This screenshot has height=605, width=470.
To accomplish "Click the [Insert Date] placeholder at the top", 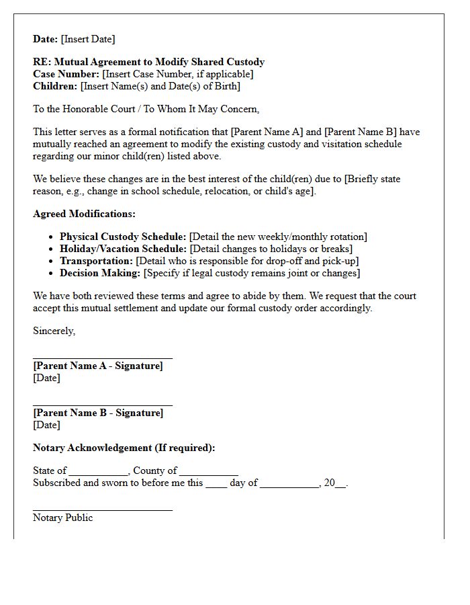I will [88, 39].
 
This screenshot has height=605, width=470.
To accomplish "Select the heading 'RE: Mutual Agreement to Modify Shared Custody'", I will [148, 62].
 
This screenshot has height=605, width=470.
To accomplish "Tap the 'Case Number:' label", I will [66, 74].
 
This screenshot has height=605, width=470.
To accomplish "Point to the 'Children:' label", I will [55, 86].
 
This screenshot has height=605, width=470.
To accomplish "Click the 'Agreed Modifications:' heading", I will [84, 214].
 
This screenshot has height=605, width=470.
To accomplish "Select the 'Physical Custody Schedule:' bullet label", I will [123, 237].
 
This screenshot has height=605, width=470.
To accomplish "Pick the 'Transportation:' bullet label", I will [96, 261].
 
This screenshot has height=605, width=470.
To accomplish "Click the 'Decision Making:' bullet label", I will [100, 273].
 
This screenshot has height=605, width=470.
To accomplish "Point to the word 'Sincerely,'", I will [54, 331].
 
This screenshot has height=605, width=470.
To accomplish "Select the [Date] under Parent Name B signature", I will [46, 425].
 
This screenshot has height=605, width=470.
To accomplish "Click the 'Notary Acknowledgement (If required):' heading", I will [124, 448].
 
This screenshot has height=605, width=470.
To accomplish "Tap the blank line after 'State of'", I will [98, 473].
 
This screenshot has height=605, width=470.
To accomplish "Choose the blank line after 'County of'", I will [209, 473].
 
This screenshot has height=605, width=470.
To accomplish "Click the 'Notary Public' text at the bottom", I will [63, 518].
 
